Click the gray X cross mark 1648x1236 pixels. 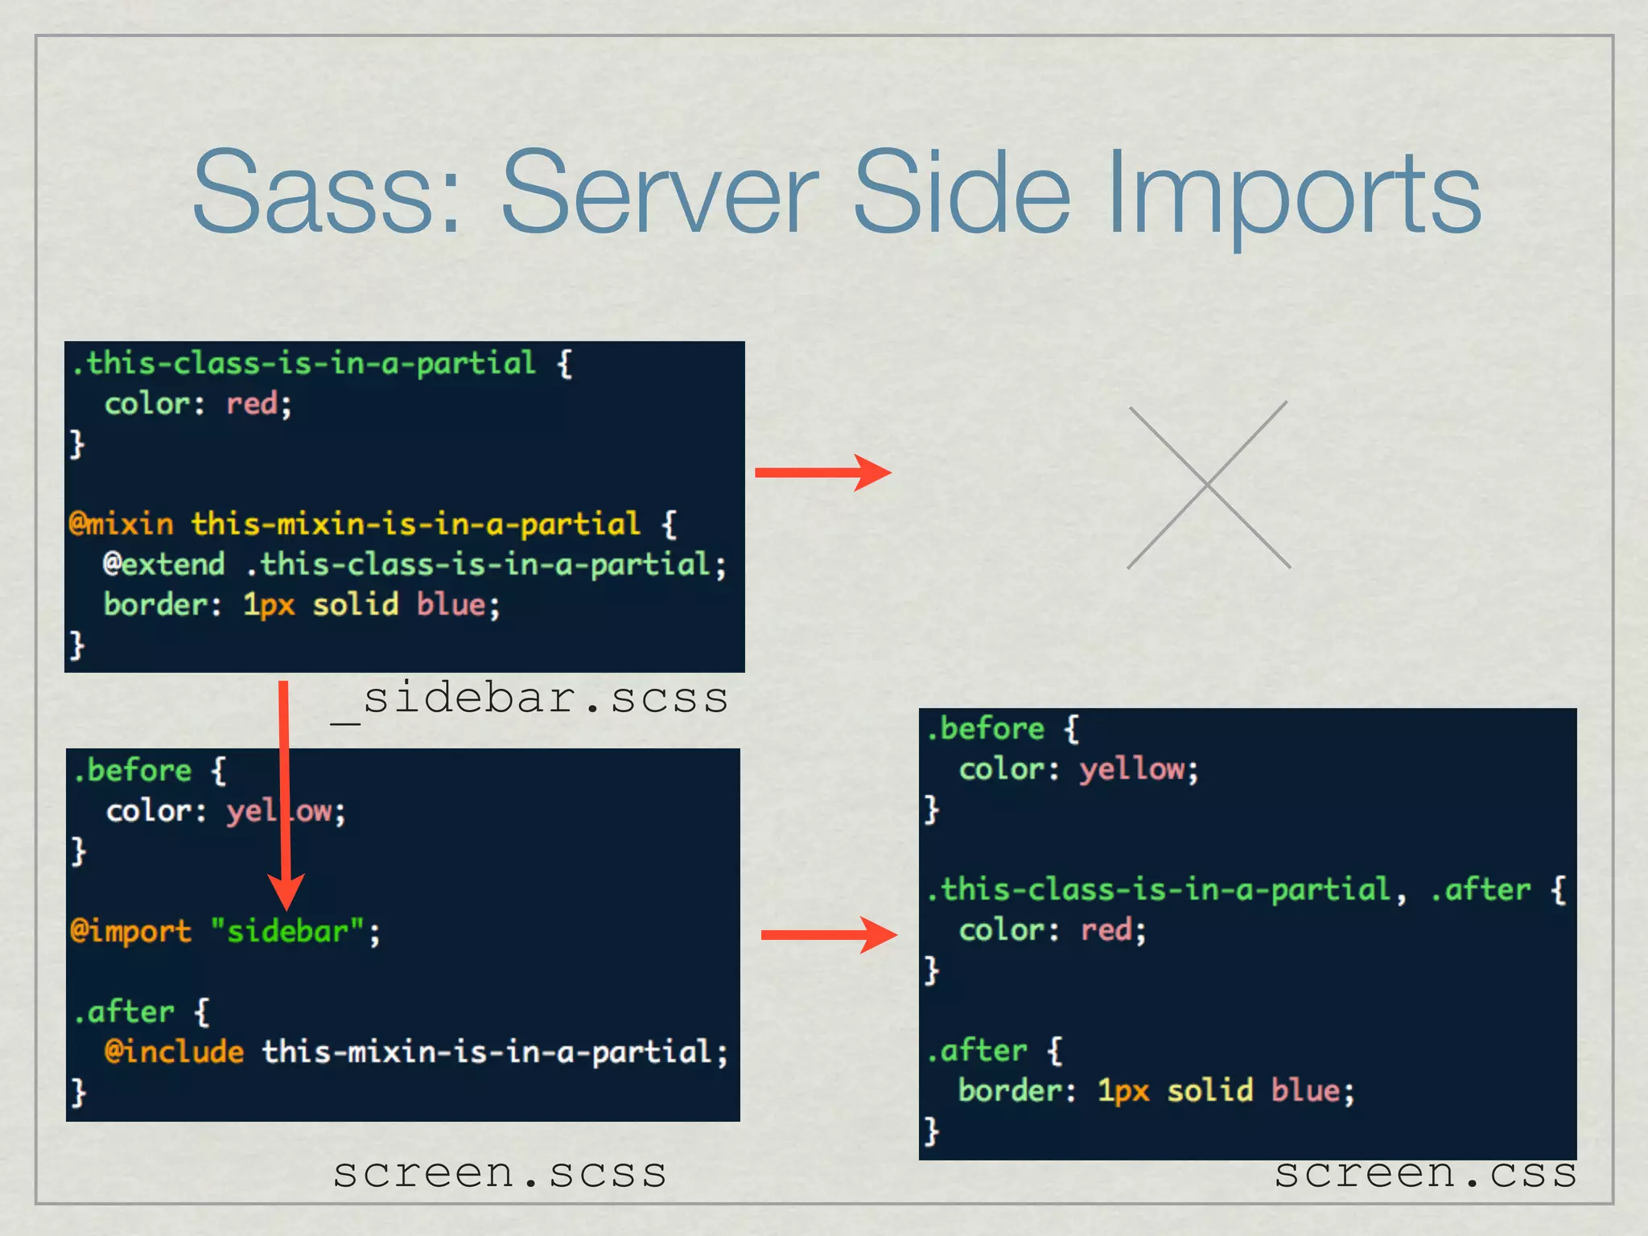pos(1209,485)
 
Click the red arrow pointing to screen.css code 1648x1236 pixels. pos(829,934)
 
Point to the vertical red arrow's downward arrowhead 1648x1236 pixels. pos(285,892)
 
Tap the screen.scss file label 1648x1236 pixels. pos(500,1172)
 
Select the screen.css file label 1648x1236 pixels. pos(1425,1172)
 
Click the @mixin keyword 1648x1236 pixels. pos(122,524)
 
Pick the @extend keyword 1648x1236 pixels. pos(164,564)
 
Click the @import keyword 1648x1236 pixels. pos(130,931)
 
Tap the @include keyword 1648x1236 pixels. pos(174,1052)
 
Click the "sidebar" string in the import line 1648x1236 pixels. pos(287,931)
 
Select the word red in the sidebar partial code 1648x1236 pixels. pos(252,403)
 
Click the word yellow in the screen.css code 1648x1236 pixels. pos(1133,769)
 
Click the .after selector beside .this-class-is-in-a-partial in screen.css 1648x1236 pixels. pos(1480,890)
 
